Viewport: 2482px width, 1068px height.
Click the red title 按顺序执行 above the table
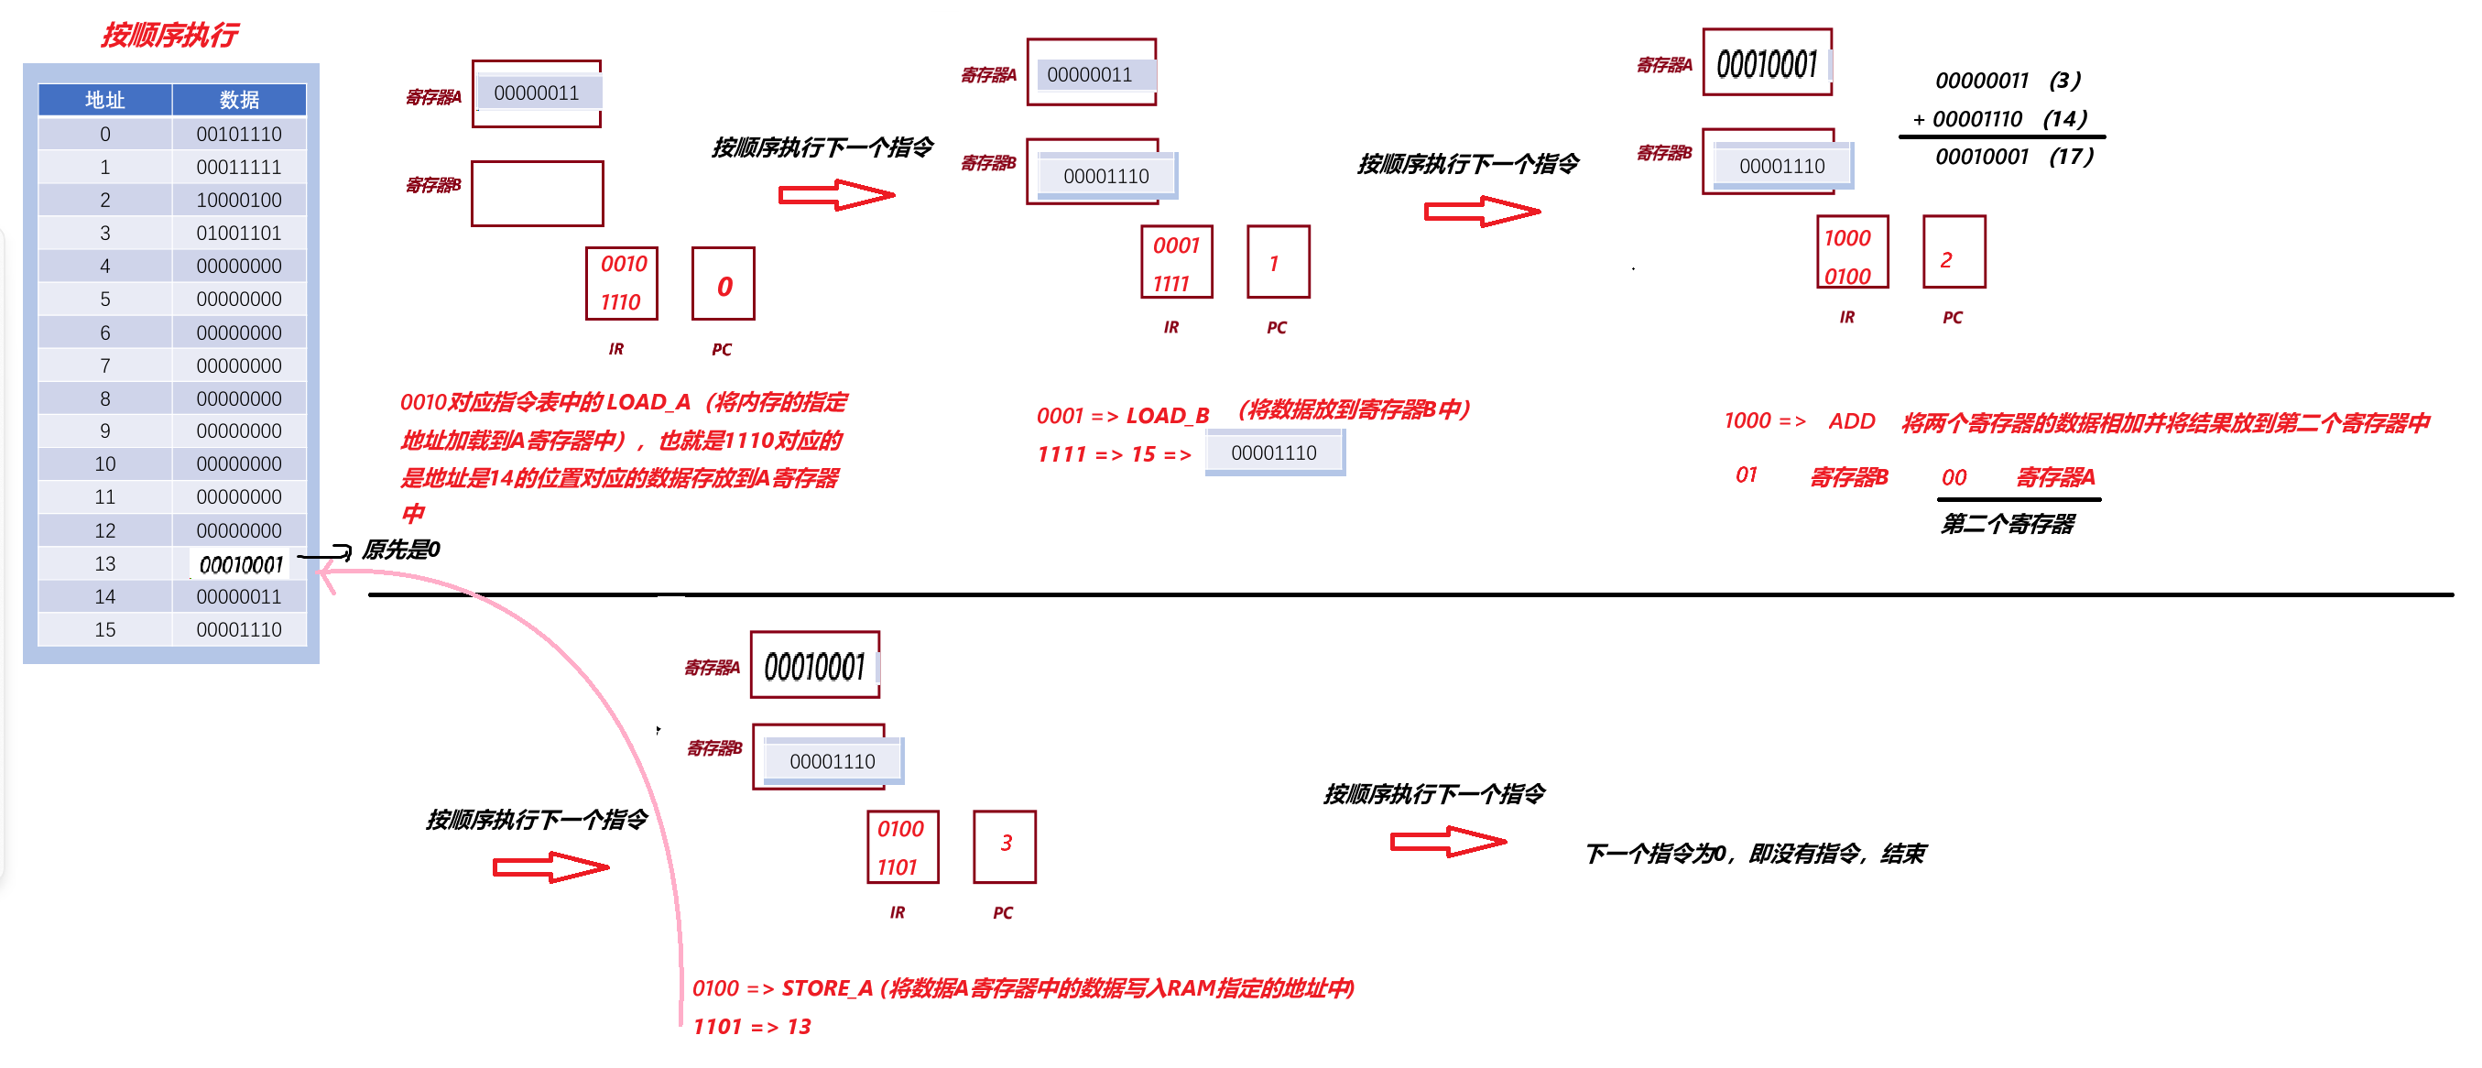click(169, 36)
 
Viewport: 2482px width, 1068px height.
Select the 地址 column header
click(105, 99)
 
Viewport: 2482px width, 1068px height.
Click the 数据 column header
click(239, 99)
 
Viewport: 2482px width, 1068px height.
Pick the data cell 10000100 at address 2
click(239, 200)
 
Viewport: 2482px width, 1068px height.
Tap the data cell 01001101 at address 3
click(239, 234)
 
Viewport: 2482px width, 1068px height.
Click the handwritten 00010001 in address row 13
click(241, 565)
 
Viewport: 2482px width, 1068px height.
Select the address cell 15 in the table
click(105, 629)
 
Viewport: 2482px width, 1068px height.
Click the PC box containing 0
click(724, 284)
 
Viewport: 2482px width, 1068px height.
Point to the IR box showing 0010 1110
click(622, 283)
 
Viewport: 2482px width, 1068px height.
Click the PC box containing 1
click(1278, 262)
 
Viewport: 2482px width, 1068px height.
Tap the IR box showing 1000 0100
click(1852, 253)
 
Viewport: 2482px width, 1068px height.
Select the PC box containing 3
click(1005, 846)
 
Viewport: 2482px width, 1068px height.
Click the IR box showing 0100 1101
click(902, 847)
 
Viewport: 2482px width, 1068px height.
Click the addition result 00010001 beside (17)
click(1981, 156)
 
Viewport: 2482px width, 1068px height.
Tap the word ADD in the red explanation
click(1852, 421)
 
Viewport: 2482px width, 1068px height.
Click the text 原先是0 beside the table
click(401, 550)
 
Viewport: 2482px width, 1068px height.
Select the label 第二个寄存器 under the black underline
click(2008, 524)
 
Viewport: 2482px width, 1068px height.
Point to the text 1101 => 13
click(752, 1027)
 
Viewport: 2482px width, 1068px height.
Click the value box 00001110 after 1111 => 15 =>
click(1274, 453)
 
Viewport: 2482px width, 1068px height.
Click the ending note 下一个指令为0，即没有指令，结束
click(1755, 854)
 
